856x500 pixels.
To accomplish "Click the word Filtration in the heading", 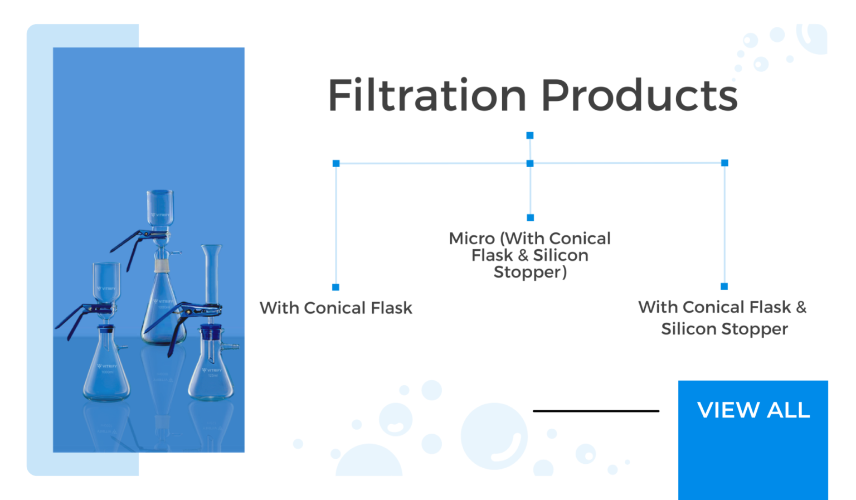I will pos(426,95).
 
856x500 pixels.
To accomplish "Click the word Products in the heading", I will pos(639,95).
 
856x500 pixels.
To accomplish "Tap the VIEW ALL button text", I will pos(753,410).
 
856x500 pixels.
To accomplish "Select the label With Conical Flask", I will pos(335,308).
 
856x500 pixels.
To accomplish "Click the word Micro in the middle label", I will pos(472,239).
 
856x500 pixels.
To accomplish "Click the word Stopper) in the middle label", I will pos(530,272).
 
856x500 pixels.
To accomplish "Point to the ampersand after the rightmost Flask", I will pos(801,307).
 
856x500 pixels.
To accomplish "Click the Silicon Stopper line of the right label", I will pos(724,329).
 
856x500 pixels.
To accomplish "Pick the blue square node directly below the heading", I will pos(530,135).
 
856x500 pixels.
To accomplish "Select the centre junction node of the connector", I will pos(530,163).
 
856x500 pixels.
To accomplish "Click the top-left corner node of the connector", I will pos(336,163).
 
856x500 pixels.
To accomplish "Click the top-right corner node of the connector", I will pos(724,163).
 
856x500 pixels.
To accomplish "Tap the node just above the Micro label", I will pos(530,217).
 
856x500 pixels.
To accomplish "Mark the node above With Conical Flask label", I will pos(335,287).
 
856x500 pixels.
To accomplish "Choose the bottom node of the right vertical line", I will pos(724,287).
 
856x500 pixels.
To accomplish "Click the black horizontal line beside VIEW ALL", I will pos(596,411).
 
